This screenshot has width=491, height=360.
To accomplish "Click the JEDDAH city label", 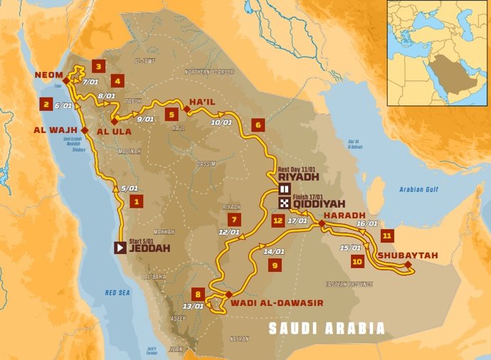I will pos(150,248).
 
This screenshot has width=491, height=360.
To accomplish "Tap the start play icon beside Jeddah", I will pos(120,248).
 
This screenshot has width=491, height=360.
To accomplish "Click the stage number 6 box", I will pos(258,125).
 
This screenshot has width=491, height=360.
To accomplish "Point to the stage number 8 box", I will pos(198,293).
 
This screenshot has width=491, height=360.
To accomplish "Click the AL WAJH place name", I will pos(56,130).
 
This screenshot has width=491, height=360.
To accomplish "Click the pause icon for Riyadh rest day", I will pos(285,189).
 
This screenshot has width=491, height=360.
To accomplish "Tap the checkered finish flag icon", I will pos(285,202).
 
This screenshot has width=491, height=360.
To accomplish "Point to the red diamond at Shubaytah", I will pos(408,265).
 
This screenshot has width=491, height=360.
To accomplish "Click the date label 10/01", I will pos(222,122).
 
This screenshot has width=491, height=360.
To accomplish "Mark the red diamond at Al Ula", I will pos(113,122).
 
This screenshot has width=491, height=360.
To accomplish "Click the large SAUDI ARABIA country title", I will pos(326,329).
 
